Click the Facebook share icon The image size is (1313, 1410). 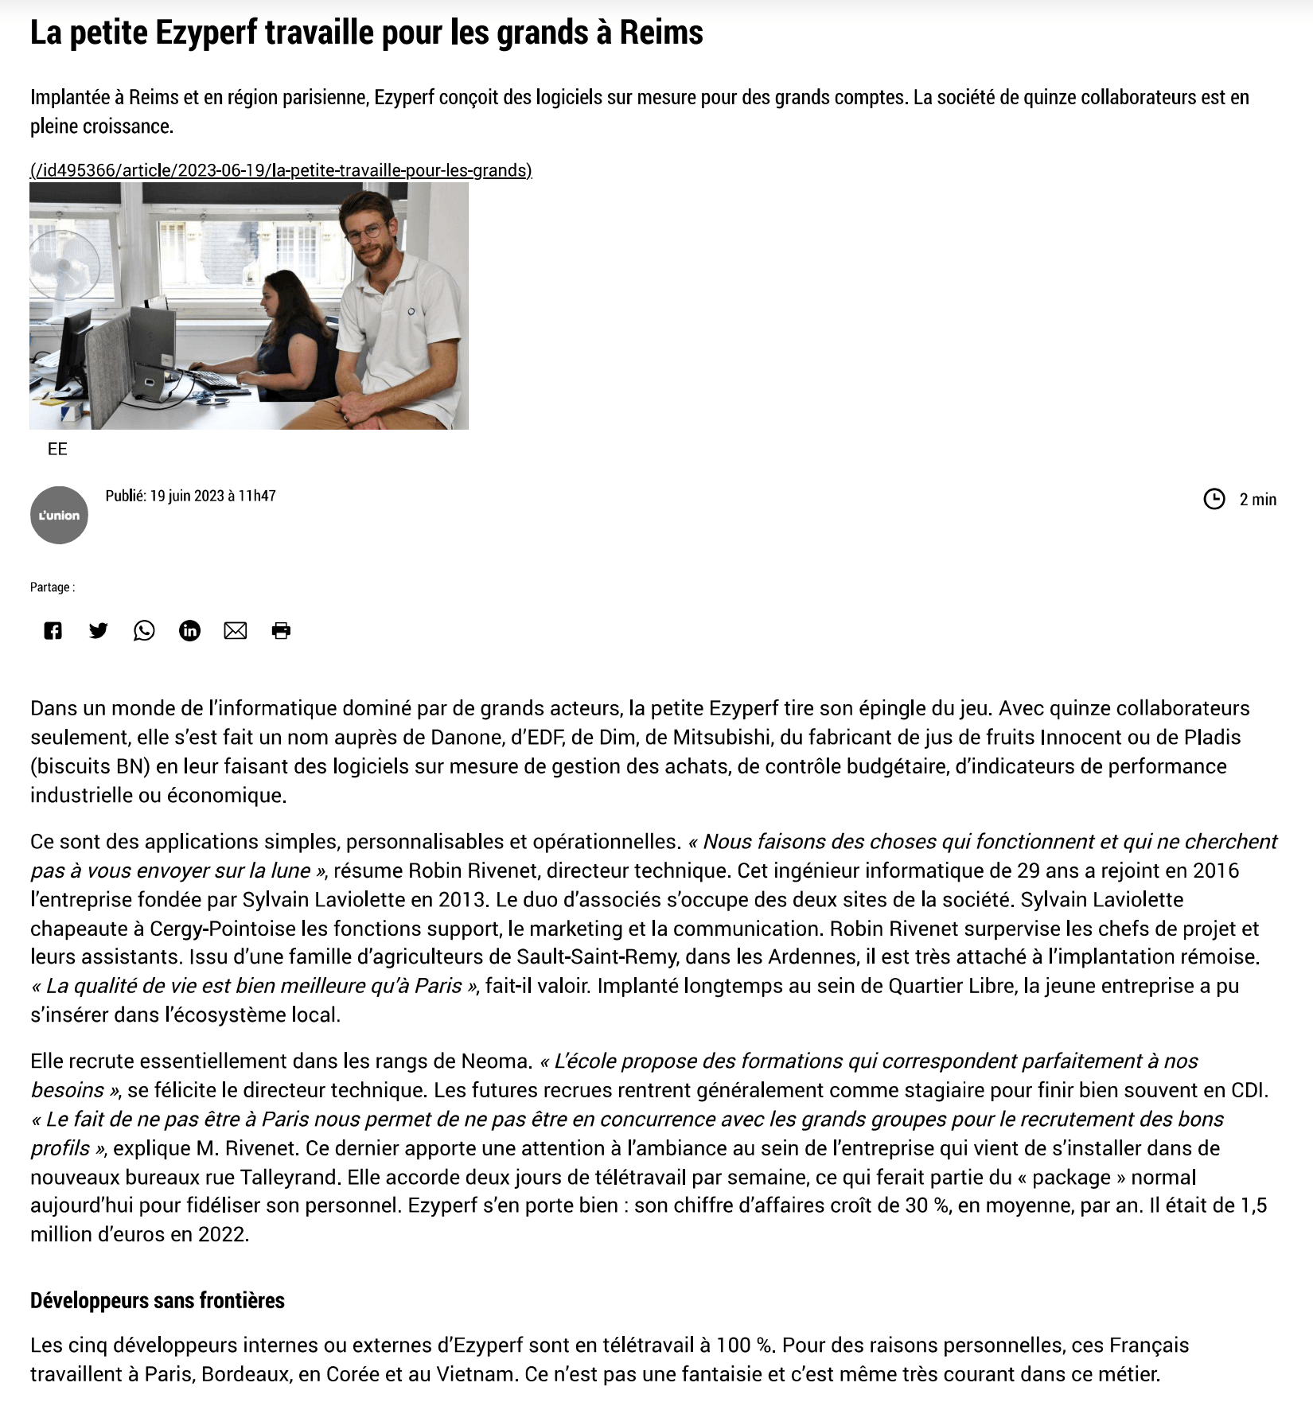(53, 631)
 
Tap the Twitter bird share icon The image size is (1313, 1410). (98, 631)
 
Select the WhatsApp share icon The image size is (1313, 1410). (144, 631)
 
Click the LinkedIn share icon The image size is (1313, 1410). (189, 631)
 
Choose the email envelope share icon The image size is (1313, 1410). (236, 631)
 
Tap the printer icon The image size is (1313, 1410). (281, 631)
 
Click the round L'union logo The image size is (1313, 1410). (59, 515)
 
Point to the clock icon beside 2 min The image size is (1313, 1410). (1214, 499)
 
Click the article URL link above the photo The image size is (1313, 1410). (281, 170)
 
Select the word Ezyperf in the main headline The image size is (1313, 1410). (206, 33)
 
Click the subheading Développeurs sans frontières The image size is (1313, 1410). (158, 1300)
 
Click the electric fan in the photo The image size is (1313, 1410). (65, 267)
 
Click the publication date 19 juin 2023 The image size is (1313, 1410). (187, 496)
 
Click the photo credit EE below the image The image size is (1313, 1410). (57, 449)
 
